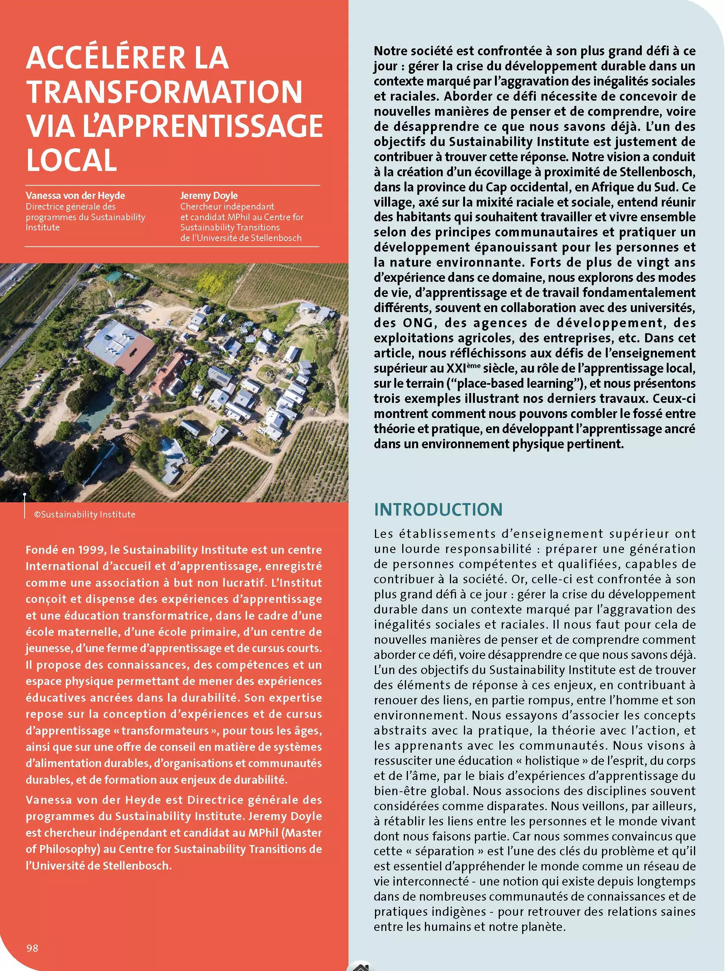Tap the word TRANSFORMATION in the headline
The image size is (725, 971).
point(164,92)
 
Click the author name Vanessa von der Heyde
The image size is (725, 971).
point(75,196)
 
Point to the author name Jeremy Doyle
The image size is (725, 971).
point(209,196)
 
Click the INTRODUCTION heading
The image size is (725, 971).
point(438,510)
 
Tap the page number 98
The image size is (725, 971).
point(32,948)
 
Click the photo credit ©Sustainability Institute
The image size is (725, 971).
point(85,514)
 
